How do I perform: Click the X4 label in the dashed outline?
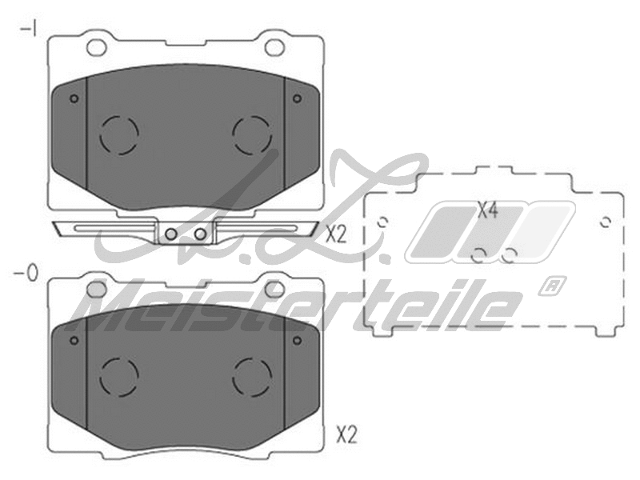[488, 212]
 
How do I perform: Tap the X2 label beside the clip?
[335, 234]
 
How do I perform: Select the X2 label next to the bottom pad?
[346, 436]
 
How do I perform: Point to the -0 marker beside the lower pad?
[26, 274]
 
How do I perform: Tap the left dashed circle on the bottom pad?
[119, 374]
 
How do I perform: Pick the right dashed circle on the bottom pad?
[252, 374]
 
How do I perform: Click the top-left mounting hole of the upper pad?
[96, 46]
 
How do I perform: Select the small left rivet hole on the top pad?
[74, 99]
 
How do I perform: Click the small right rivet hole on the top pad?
[297, 99]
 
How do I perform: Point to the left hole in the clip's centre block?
[171, 234]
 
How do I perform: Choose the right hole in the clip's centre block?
[200, 234]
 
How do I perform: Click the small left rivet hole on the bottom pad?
[74, 341]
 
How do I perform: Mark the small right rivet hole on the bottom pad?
[297, 341]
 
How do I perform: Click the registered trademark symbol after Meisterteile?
[549, 286]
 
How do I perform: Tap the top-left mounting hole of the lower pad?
[96, 286]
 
